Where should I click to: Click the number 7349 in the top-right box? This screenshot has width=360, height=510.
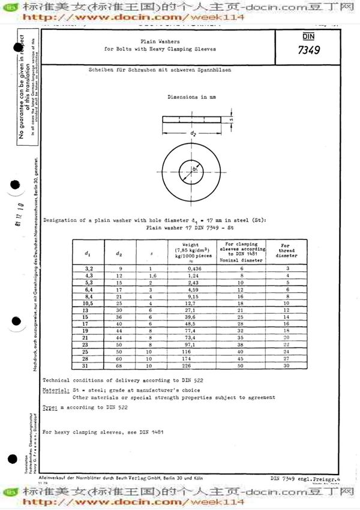click(307, 50)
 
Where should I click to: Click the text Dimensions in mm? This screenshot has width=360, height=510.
click(191, 97)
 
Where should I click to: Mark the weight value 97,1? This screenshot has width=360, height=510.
click(191, 344)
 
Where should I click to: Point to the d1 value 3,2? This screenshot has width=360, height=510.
click(88, 268)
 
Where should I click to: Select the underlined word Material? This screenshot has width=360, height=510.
click(55, 391)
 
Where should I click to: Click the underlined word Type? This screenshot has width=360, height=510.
click(50, 407)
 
